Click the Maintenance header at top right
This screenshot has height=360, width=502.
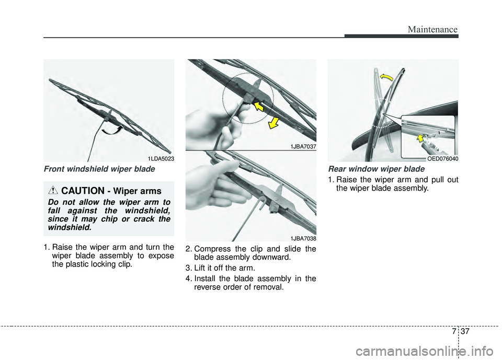tap(435, 29)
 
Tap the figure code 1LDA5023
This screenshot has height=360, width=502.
tap(160, 158)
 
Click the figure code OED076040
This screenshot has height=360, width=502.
tap(442, 158)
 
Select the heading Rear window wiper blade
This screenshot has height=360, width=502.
tap(376, 169)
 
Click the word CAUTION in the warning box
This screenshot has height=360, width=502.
tap(83, 191)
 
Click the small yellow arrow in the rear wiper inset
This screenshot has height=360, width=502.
tap(420, 138)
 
